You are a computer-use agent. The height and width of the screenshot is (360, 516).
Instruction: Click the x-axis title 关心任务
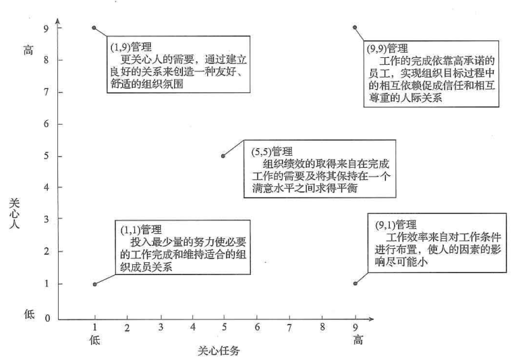tap(219, 351)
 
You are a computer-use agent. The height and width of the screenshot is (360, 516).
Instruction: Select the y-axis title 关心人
tap(14, 213)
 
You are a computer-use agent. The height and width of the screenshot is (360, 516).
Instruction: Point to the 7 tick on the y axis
tap(60, 92)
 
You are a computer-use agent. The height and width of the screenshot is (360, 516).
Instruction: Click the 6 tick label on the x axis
tap(257, 327)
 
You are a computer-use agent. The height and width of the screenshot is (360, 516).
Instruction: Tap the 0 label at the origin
tap(47, 318)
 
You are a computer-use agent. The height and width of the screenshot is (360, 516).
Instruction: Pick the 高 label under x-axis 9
tap(358, 340)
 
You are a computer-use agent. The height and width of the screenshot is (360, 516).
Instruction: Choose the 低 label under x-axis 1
tap(95, 340)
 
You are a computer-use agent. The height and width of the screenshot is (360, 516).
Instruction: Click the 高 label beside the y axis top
tap(28, 50)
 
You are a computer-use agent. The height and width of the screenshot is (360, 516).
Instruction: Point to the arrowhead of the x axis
tap(371, 319)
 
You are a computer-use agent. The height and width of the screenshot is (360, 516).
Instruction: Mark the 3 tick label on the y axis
tap(47, 219)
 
